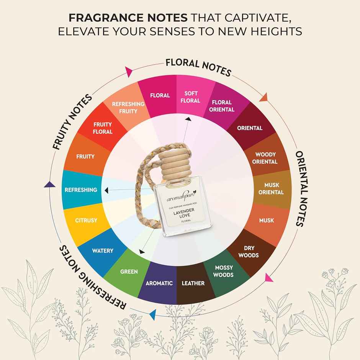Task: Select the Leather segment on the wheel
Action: tap(193, 283)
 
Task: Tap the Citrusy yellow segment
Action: tap(86, 221)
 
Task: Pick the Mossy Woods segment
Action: tap(223, 271)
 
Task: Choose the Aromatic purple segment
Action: tap(159, 283)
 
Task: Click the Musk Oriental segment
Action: tap(271, 189)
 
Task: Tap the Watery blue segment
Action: tap(102, 251)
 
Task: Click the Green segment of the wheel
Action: tap(129, 272)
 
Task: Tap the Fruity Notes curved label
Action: tap(73, 122)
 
